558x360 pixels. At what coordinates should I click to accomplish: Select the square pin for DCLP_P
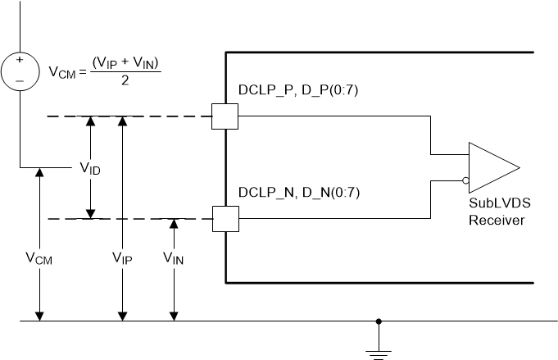[225, 116]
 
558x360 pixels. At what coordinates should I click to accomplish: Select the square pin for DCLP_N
[225, 219]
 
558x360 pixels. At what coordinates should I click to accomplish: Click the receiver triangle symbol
[492, 168]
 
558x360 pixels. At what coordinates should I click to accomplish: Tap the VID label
[90, 168]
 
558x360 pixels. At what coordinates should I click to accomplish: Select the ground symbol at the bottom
[378, 353]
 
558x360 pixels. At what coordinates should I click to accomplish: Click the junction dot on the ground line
[378, 321]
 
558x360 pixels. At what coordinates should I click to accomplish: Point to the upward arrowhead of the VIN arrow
[174, 224]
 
